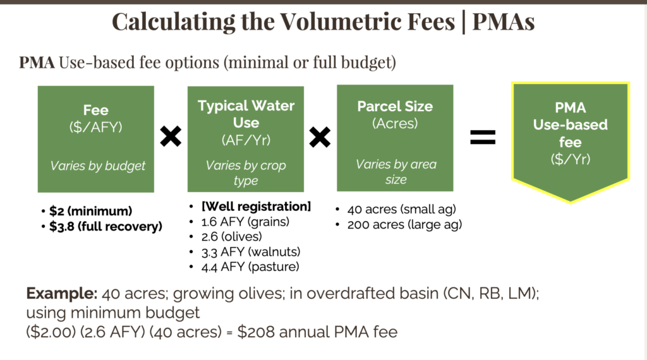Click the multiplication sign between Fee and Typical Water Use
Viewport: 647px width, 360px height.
pos(170,136)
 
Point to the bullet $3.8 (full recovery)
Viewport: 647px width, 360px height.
pos(105,226)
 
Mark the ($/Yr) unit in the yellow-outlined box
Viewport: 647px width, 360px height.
pos(570,159)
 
